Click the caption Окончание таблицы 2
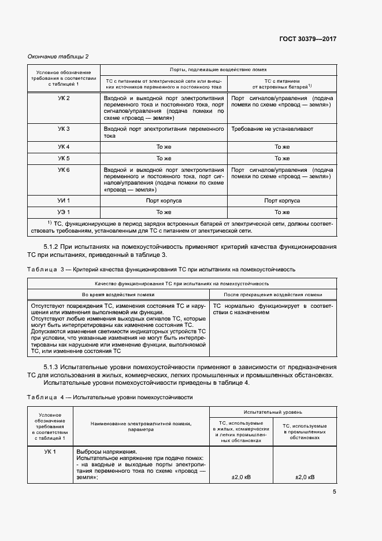point(58,56)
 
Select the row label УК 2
point(64,98)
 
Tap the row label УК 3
point(64,129)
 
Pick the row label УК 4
point(64,147)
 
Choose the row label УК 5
point(64,158)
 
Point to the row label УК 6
point(64,170)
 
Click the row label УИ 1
point(64,201)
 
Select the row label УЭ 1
point(64,212)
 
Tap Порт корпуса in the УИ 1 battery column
point(281,201)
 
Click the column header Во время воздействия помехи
point(118,294)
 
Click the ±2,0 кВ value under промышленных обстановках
point(305,477)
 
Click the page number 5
point(334,492)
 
